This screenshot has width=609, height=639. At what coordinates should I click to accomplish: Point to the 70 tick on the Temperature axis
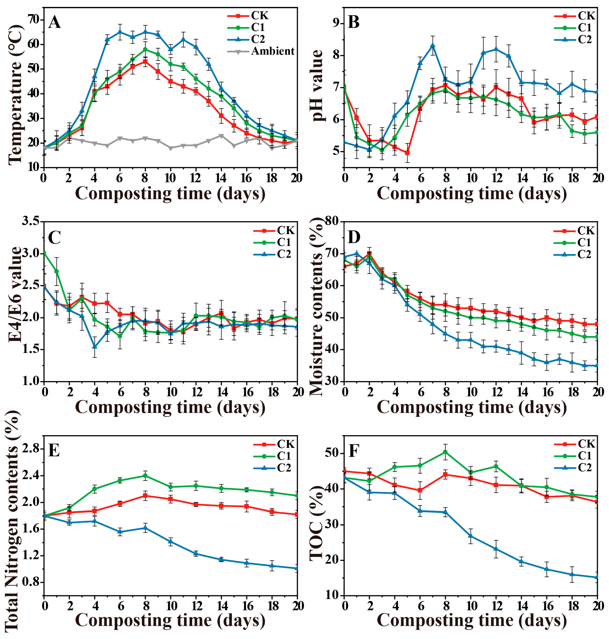(32, 20)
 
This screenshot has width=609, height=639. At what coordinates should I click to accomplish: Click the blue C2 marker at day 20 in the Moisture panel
(597, 365)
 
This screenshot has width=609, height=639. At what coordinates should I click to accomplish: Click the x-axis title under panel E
(170, 620)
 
